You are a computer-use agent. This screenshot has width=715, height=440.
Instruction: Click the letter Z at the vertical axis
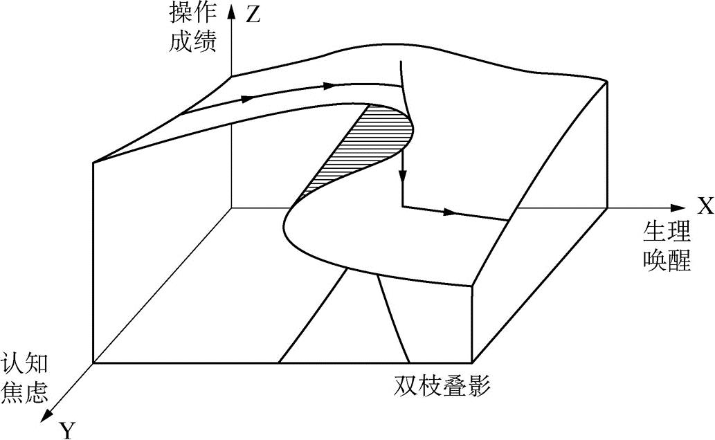253,15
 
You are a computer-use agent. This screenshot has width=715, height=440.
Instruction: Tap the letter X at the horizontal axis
705,206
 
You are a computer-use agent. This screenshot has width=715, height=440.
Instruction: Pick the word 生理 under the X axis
668,232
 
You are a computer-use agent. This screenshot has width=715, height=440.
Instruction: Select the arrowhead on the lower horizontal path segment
451,212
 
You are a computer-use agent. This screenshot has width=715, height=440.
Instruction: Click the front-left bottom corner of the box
93,363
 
